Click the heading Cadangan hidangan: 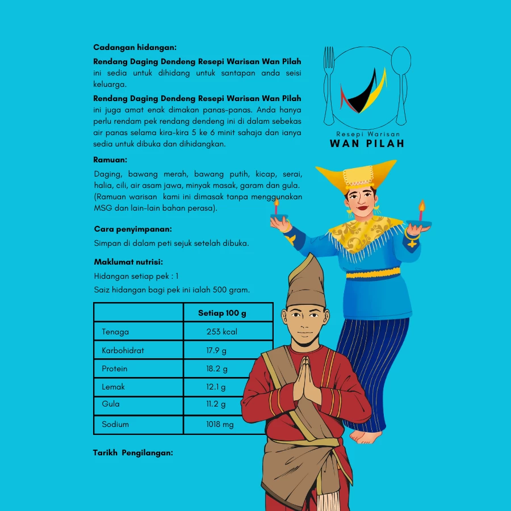[x=135, y=47]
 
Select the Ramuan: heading [x=110, y=160]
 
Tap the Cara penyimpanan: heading [x=133, y=229]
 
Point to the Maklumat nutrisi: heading [x=128, y=262]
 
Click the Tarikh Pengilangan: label [x=133, y=453]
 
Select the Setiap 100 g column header [x=222, y=313]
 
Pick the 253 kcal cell [x=222, y=332]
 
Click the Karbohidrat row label [x=123, y=350]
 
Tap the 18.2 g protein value [x=217, y=368]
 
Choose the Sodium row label [x=115, y=424]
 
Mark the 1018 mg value [x=220, y=424]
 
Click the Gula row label [x=111, y=404]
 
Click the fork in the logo [x=329, y=85]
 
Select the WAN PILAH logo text [x=367, y=144]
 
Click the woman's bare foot [x=366, y=436]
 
